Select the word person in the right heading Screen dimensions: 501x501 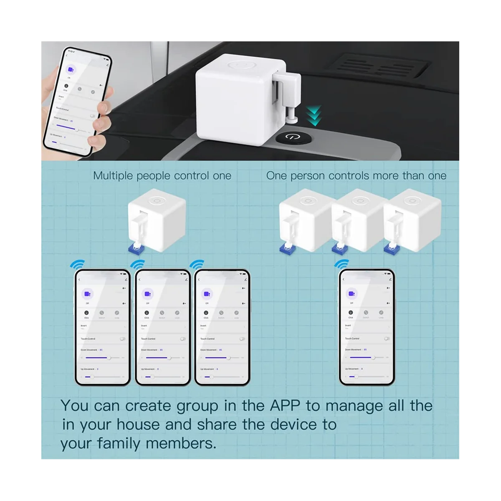(307, 176)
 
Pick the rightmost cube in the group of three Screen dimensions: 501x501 (407, 219)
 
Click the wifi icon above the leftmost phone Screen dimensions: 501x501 (77, 265)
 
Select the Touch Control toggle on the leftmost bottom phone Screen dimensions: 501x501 (123, 339)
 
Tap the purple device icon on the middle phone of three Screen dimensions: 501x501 (147, 294)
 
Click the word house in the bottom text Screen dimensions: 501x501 (137, 425)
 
